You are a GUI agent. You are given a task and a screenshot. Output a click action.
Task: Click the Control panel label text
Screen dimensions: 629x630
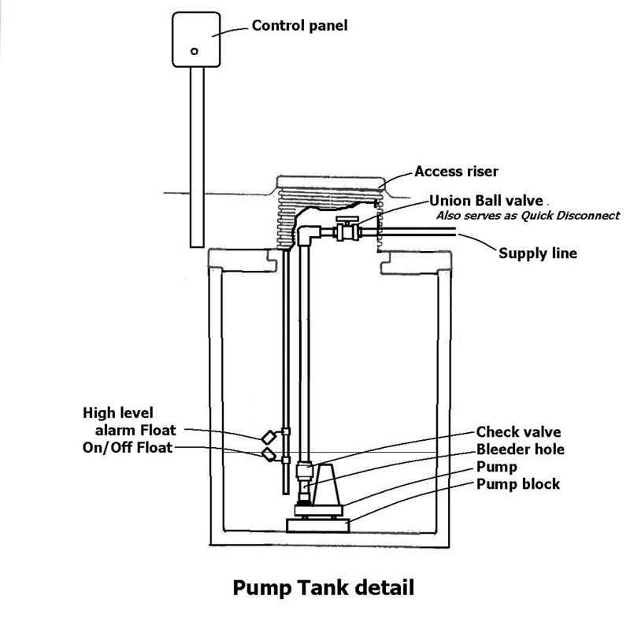[299, 26]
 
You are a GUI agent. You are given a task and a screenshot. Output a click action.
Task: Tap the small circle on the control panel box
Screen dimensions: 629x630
[194, 51]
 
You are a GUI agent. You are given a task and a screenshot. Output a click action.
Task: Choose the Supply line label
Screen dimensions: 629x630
[538, 253]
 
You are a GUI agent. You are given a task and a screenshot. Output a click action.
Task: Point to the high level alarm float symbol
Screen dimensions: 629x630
[269, 435]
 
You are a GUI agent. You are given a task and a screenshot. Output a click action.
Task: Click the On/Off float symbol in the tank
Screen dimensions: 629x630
[269, 455]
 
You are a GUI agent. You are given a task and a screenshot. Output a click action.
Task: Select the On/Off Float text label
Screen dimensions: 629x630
[128, 448]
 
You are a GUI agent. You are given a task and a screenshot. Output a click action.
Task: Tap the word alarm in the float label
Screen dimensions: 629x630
[120, 430]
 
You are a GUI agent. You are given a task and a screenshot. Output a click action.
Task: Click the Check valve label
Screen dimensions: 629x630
[518, 432]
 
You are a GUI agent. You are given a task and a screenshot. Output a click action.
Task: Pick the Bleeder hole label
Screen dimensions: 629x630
[521, 450]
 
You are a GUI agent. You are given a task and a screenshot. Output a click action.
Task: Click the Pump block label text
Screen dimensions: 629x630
[518, 483]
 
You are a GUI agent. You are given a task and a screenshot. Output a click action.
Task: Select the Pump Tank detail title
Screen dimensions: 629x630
[322, 587]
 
